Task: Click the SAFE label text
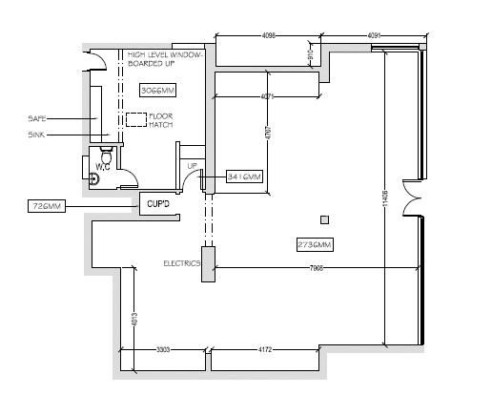click(37, 118)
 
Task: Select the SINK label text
click(36, 135)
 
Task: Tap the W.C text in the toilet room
click(102, 168)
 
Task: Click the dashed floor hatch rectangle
click(136, 119)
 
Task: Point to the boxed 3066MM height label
click(157, 91)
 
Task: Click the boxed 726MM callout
click(46, 205)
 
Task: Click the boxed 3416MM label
click(244, 177)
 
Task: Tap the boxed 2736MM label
click(315, 245)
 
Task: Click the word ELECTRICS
click(180, 262)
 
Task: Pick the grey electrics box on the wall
click(208, 263)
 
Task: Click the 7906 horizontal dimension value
click(317, 269)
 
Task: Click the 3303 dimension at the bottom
click(163, 350)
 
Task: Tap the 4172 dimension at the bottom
click(265, 350)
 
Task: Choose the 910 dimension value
click(310, 57)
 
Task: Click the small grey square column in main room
click(324, 220)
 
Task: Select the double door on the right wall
click(412, 197)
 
